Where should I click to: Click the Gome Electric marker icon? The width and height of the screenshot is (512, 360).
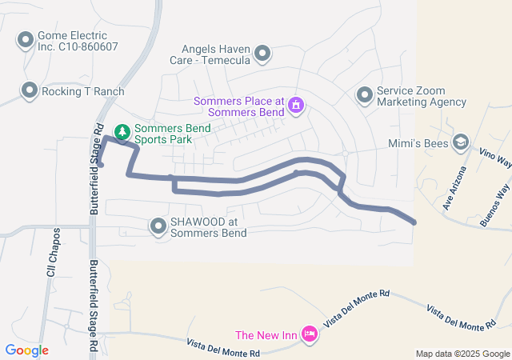pyautogui.click(x=26, y=39)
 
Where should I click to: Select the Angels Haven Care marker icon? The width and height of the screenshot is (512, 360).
pyautogui.click(x=262, y=54)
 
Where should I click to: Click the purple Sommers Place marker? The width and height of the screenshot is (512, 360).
pyautogui.click(x=296, y=104)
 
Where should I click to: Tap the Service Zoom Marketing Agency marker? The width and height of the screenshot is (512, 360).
pyautogui.click(x=364, y=95)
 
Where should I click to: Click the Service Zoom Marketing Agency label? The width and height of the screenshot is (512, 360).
pyautogui.click(x=421, y=97)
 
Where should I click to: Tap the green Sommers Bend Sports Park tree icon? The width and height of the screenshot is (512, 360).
pyautogui.click(x=122, y=130)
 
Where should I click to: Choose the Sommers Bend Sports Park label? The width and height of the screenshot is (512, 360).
pyautogui.click(x=172, y=134)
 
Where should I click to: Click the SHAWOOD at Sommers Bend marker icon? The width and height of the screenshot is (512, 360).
pyautogui.click(x=158, y=228)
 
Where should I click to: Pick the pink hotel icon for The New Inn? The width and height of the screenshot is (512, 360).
pyautogui.click(x=309, y=335)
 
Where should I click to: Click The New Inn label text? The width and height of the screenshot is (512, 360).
pyautogui.click(x=266, y=334)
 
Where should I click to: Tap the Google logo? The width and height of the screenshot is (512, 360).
pyautogui.click(x=27, y=350)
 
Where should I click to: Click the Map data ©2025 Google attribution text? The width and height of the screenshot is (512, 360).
pyautogui.click(x=462, y=354)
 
